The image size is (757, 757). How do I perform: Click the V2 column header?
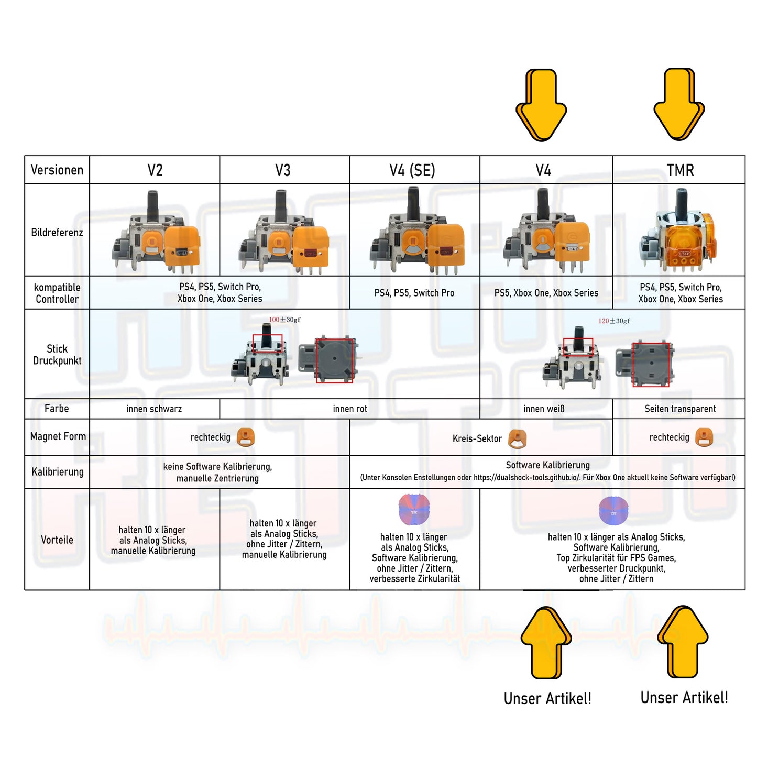tap(155, 170)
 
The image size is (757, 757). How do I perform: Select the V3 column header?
tap(283, 170)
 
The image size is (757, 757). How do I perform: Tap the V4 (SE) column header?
tap(412, 170)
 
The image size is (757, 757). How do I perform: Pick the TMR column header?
tap(680, 170)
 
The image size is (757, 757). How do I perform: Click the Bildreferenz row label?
tap(57, 232)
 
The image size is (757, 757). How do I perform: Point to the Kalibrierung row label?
tap(57, 471)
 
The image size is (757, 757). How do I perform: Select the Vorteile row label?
tap(57, 540)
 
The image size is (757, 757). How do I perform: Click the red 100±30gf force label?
tap(284, 320)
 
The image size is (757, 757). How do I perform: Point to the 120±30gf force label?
tap(614, 321)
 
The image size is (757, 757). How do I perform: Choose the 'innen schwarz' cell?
tap(154, 409)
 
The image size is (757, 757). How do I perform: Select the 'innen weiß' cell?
tap(544, 409)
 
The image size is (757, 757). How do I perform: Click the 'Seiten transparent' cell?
tap(680, 409)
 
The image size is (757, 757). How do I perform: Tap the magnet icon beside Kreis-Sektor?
tap(518, 438)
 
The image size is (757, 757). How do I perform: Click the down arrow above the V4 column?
tap(541, 105)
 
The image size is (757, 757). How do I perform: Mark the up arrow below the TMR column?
tap(683, 642)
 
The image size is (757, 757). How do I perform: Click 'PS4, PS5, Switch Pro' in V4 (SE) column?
tap(414, 293)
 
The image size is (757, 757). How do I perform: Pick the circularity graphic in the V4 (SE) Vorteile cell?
tap(414, 509)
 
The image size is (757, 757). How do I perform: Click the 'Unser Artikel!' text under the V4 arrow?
tap(547, 698)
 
